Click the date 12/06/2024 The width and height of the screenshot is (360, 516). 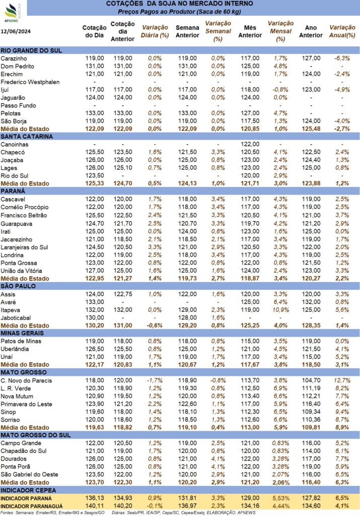(16, 32)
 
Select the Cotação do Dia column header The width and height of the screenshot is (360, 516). (94, 32)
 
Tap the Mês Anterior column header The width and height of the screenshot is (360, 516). (250, 32)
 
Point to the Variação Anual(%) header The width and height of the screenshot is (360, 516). (342, 32)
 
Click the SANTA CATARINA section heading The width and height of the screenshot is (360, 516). (27, 137)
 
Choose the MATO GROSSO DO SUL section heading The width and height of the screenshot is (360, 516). (36, 435)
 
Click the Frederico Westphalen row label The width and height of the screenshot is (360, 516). (30, 82)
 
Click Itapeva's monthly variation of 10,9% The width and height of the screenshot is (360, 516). (280, 310)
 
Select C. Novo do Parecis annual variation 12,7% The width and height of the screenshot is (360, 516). (342, 380)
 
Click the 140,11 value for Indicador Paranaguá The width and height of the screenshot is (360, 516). (95, 506)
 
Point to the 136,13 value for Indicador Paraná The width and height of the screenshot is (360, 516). (95, 498)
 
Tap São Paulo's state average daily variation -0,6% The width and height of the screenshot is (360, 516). (155, 326)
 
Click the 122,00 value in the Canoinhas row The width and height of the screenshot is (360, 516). (250, 144)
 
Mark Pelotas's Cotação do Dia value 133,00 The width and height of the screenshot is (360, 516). (95, 113)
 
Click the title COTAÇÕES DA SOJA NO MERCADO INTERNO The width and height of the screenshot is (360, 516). (180, 4)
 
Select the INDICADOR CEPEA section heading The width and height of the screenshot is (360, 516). (28, 490)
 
